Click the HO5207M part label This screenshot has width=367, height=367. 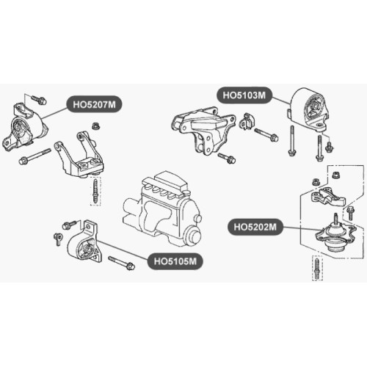94,104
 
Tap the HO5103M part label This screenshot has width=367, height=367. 244,95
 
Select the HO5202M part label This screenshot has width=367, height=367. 255,227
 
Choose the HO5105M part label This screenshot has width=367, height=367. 175,261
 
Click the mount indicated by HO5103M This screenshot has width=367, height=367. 310,109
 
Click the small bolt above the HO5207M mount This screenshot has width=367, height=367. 39,100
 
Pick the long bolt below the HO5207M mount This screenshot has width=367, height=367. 34,156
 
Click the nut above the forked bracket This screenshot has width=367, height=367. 96,126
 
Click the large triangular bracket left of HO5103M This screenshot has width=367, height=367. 203,130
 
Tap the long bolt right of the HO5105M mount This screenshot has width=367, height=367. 121,263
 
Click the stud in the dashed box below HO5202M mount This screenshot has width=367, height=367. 317,268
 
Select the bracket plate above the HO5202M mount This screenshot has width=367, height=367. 328,196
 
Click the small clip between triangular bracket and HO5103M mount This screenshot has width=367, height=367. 247,122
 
